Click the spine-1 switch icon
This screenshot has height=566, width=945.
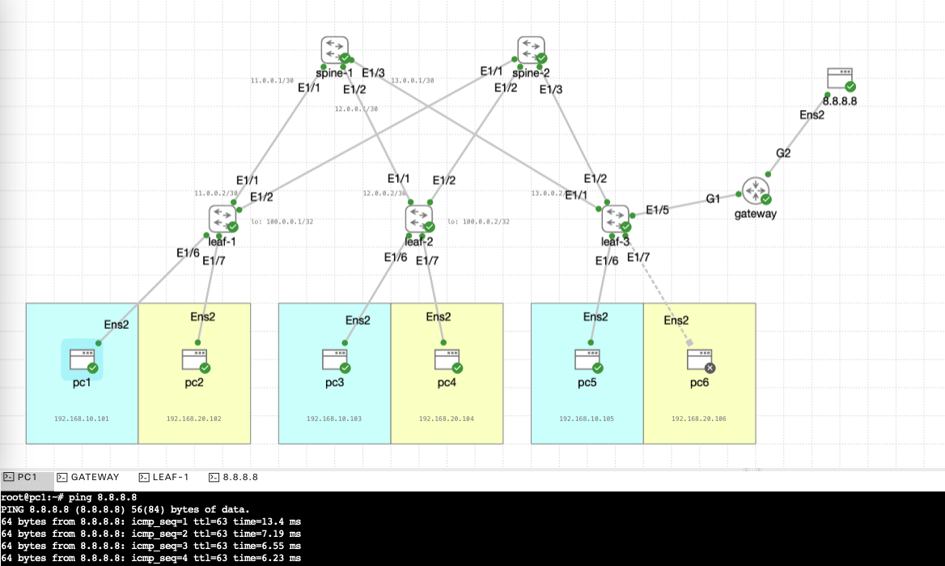coord(334,49)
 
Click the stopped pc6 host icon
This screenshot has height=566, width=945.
coord(699,359)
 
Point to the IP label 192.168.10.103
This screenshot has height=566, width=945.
coord(334,419)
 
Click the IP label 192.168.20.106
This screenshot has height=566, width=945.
coord(699,419)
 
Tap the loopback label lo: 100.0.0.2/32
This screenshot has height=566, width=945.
coord(477,221)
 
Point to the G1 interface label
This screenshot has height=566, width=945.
coord(712,198)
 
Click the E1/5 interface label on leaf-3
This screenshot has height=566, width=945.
coord(657,211)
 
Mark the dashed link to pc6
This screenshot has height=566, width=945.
coord(659,287)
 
